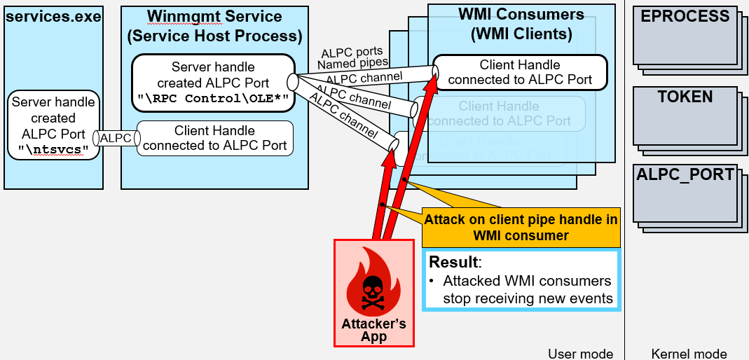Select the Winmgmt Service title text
coord(214,16)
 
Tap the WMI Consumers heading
coord(521,14)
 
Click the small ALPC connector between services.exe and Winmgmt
coord(116,139)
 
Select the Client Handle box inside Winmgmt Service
coord(214,138)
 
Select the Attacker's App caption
coord(373,330)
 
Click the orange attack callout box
coord(520,227)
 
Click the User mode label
coord(580,354)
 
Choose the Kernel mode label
coord(689,354)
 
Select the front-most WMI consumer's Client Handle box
coord(520,72)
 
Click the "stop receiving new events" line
coord(528,298)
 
